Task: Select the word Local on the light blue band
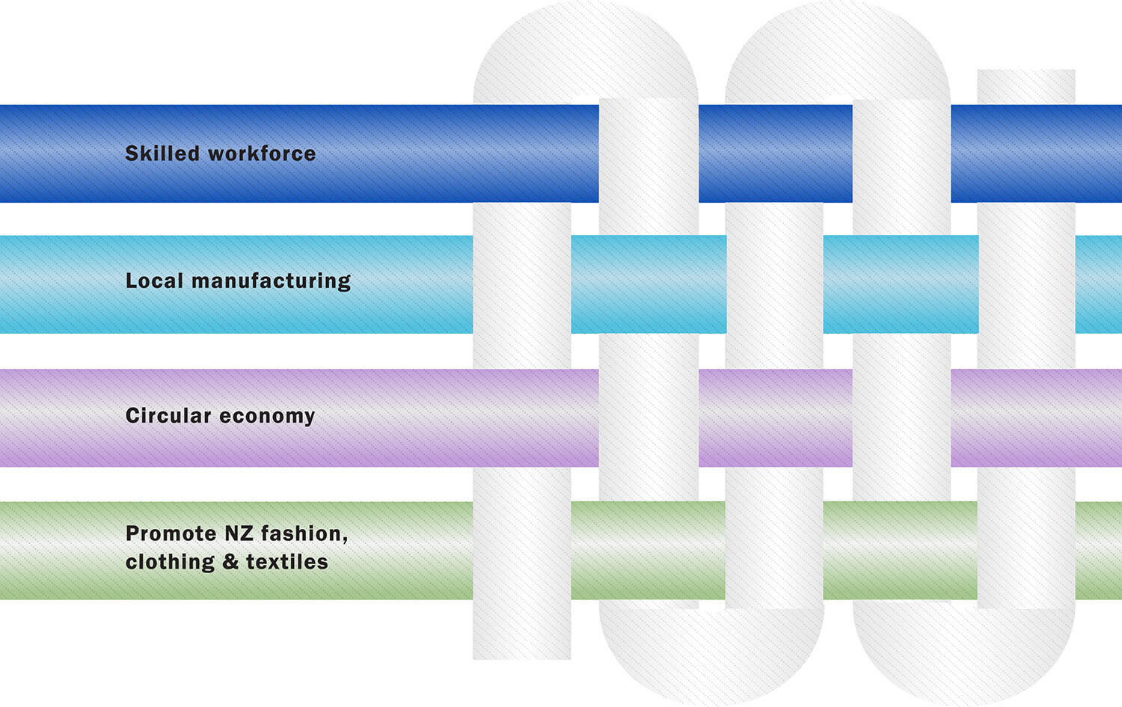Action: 154,281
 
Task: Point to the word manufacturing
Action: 271,281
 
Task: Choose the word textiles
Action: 287,562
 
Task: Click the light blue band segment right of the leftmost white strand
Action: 648,284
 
